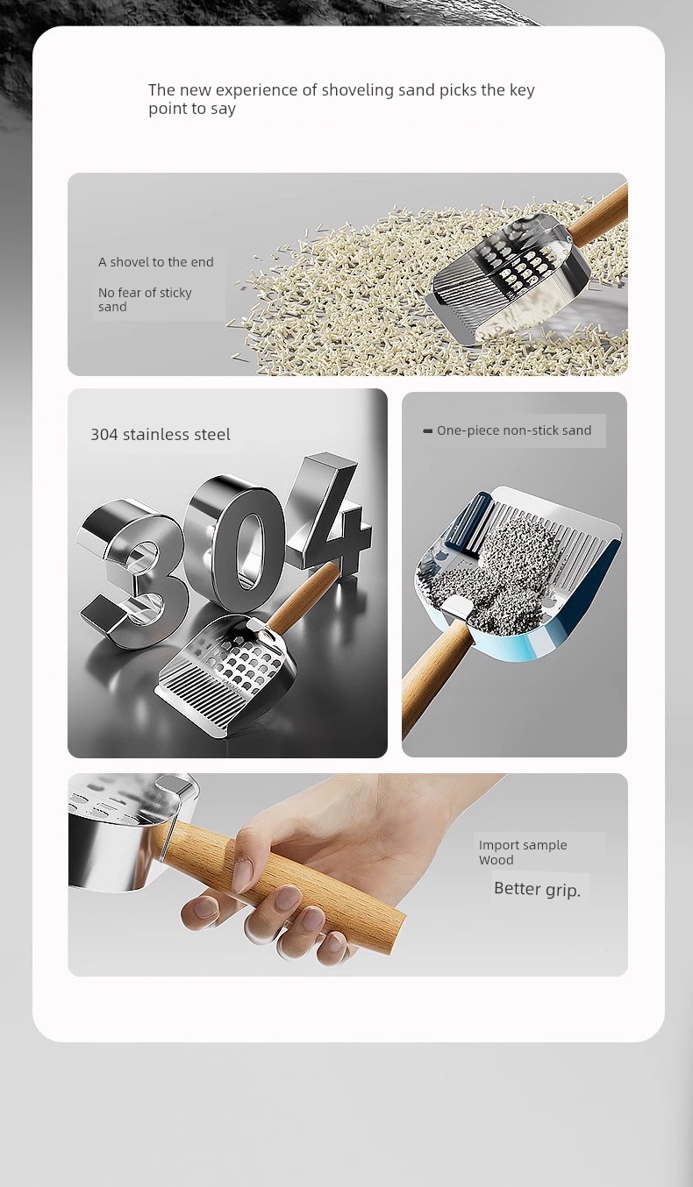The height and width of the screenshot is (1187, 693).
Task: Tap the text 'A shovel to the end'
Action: tap(156, 262)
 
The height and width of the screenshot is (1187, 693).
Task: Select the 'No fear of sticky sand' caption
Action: tap(145, 300)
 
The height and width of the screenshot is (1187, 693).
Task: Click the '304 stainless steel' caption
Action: tap(161, 435)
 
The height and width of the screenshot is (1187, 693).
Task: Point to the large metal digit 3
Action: tap(130, 572)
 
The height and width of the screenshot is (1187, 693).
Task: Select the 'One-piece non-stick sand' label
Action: tap(514, 430)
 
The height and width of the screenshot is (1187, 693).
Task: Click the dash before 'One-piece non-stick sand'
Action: tap(428, 430)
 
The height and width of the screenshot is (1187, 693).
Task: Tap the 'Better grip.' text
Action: tap(537, 889)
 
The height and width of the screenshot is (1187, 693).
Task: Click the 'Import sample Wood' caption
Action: tap(523, 852)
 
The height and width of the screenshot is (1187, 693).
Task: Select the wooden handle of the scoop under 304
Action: tap(305, 596)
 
